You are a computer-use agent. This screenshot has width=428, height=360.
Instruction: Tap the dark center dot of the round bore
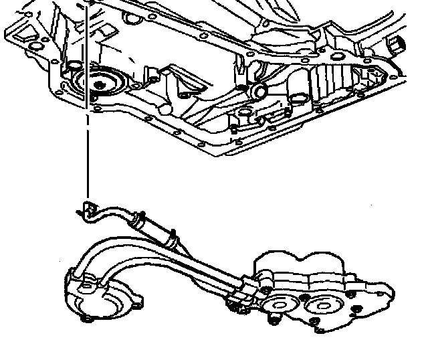(100, 85)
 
